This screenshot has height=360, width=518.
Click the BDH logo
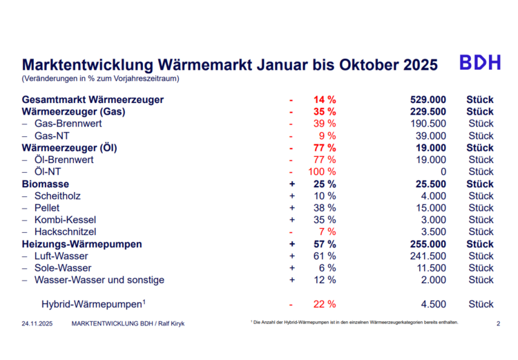point(480,63)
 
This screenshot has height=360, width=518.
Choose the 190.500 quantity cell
point(427,123)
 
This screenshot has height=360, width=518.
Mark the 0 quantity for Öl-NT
point(443,171)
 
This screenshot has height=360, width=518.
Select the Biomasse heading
point(46,184)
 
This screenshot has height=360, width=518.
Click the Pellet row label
point(46,207)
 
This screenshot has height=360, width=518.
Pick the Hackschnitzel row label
point(65,231)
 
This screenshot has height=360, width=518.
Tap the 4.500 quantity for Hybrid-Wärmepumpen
point(432,304)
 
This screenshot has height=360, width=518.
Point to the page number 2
point(498,323)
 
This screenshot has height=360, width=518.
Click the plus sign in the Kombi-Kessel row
point(292,220)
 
